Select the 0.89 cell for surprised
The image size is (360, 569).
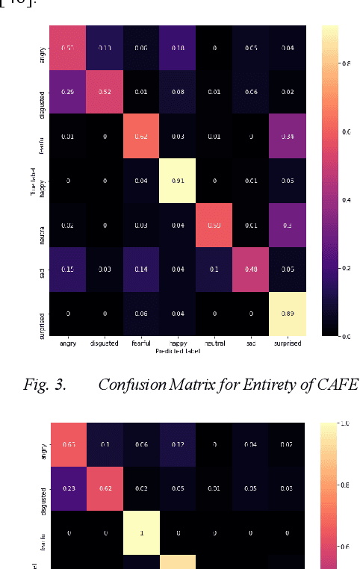click(288, 314)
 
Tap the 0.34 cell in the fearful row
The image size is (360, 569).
click(288, 136)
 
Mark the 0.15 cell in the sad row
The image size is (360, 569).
click(66, 270)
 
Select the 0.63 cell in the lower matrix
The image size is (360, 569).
click(66, 444)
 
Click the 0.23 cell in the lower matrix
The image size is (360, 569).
click(66, 488)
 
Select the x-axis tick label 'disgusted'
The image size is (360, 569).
click(103, 344)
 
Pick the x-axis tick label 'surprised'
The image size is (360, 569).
click(288, 344)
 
